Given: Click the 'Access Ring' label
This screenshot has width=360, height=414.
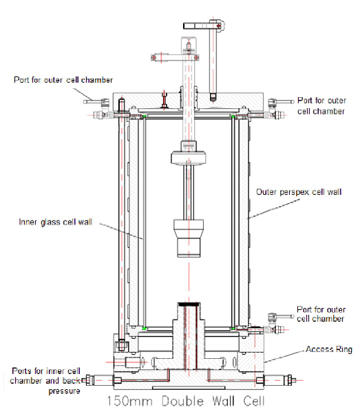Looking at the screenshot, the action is pyautogui.click(x=329, y=349).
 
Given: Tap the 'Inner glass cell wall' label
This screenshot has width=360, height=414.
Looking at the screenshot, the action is pyautogui.click(x=56, y=222).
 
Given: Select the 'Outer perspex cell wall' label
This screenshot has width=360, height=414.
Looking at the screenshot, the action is pyautogui.click(x=299, y=192).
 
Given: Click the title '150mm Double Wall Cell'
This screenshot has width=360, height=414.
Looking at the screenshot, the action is pyautogui.click(x=186, y=401).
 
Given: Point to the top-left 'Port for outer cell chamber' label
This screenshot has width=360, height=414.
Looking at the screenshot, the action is pyautogui.click(x=63, y=80).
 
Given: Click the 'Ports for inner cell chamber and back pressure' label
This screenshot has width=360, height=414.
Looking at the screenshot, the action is pyautogui.click(x=45, y=381).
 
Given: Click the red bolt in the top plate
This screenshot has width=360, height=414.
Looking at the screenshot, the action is pyautogui.click(x=165, y=100).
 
